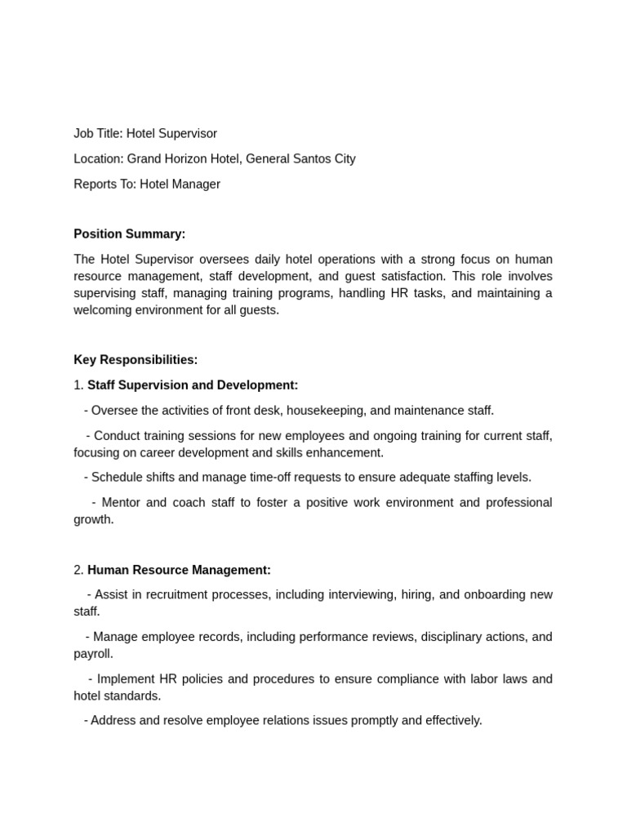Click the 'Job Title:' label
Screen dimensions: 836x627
(x=98, y=134)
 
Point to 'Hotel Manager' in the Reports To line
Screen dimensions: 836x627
(x=180, y=185)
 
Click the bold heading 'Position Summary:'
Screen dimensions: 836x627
(x=130, y=234)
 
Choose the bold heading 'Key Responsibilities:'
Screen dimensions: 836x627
(x=136, y=360)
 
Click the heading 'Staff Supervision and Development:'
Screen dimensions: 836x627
(x=193, y=385)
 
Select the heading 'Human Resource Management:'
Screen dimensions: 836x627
(x=179, y=570)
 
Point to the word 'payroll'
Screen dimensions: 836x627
(x=92, y=654)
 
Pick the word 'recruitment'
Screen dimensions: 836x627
(x=169, y=595)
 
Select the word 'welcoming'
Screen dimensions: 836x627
(x=102, y=310)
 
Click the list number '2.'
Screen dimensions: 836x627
(x=78, y=570)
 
